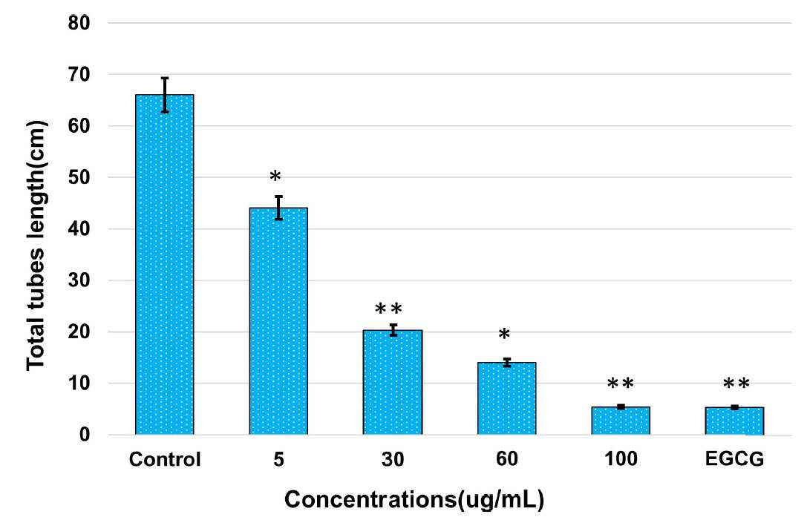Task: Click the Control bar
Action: coord(164,264)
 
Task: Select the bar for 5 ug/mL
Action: coord(278,321)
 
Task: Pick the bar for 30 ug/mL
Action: coord(393,382)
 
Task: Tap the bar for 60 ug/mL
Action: coord(507,398)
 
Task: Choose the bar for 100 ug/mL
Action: coord(621,421)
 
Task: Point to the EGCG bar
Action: coord(734,421)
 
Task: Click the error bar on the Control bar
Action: coord(165,95)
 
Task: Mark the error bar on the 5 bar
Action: coord(279,208)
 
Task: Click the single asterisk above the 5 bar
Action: coord(275,177)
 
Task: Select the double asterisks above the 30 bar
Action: coord(388,309)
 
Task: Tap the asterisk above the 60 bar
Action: coord(504,334)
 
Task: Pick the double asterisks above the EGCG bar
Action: coord(736,383)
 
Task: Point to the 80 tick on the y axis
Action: coord(79,23)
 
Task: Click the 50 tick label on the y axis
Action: coord(79,177)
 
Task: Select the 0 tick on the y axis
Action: coord(85,435)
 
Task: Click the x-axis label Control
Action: coord(165,459)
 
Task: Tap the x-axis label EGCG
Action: coord(734,459)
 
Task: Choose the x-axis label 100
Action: coord(621,459)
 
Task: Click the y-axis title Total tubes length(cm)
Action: coord(36,246)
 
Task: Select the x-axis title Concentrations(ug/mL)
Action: coord(414,500)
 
